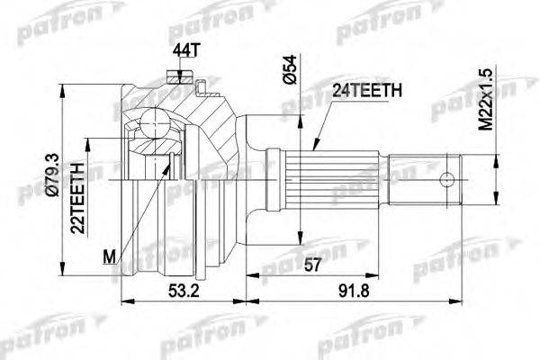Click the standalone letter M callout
[x=111, y=259]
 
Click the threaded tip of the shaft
[x=449, y=177]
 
